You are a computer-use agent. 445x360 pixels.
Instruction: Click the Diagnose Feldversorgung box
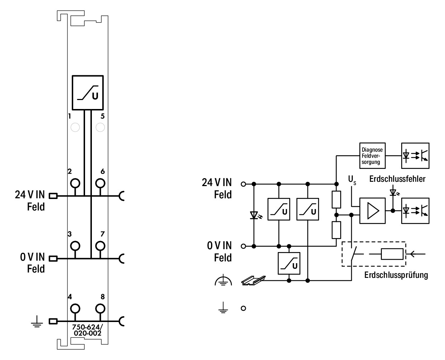click(372, 156)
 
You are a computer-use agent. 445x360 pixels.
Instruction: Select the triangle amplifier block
click(372, 211)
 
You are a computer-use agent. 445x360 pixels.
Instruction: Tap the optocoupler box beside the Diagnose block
click(415, 156)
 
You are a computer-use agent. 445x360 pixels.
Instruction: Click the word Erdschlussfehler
click(397, 179)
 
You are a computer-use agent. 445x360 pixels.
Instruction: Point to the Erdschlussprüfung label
click(396, 275)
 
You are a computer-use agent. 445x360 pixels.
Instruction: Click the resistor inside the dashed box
click(392, 254)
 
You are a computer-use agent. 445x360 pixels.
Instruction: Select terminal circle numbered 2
click(75, 184)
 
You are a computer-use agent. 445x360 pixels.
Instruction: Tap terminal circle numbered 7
click(100, 246)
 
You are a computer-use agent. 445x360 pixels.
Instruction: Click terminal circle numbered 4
click(75, 308)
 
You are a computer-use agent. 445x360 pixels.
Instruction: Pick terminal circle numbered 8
click(100, 308)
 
